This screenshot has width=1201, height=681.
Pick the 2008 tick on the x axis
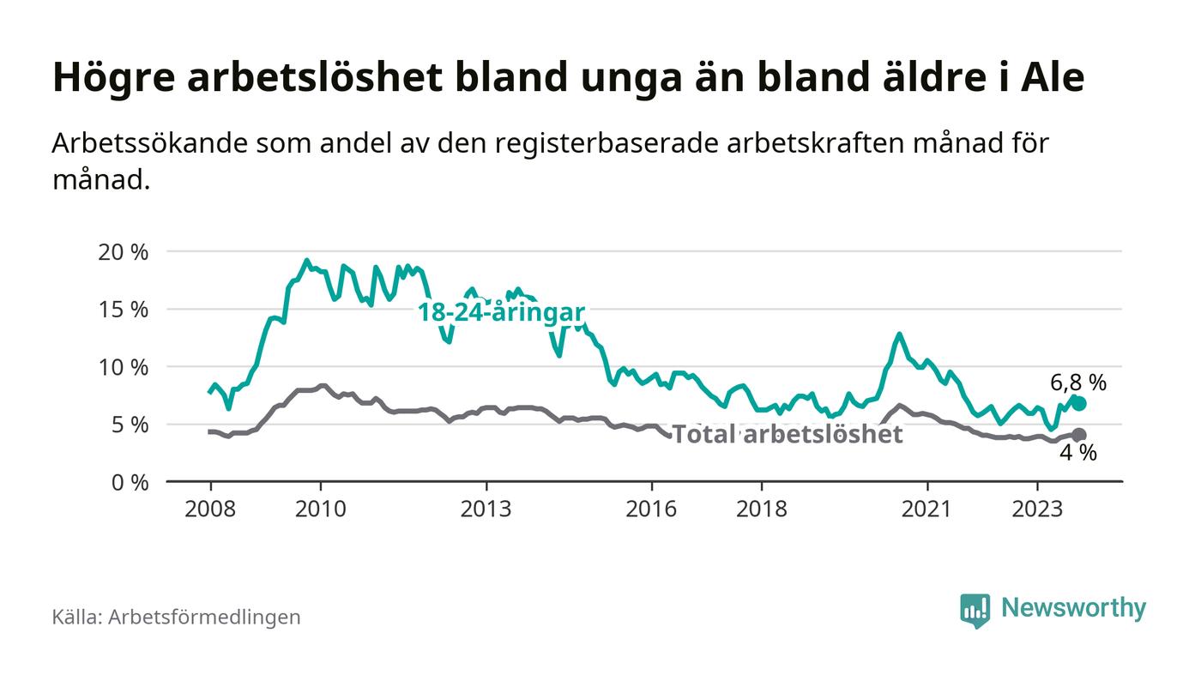click(x=210, y=509)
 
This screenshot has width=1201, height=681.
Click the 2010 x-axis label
click(x=321, y=509)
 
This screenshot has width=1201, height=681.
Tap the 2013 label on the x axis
click(x=486, y=509)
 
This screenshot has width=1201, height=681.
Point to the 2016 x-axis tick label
click(x=652, y=509)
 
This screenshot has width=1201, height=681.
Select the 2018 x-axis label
click(x=762, y=509)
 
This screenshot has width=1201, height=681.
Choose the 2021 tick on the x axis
click(x=927, y=509)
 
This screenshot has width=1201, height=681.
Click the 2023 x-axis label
click(x=1037, y=509)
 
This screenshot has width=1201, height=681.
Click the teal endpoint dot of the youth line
click(x=1079, y=403)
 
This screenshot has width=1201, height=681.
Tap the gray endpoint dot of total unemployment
click(x=1079, y=435)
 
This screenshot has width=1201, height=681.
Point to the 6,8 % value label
click(x=1078, y=383)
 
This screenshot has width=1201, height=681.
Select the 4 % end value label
click(x=1078, y=454)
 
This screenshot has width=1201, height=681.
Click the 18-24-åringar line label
click(x=501, y=312)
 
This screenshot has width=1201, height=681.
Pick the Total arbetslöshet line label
click(x=787, y=435)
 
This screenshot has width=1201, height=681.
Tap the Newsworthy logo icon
click(x=975, y=610)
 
